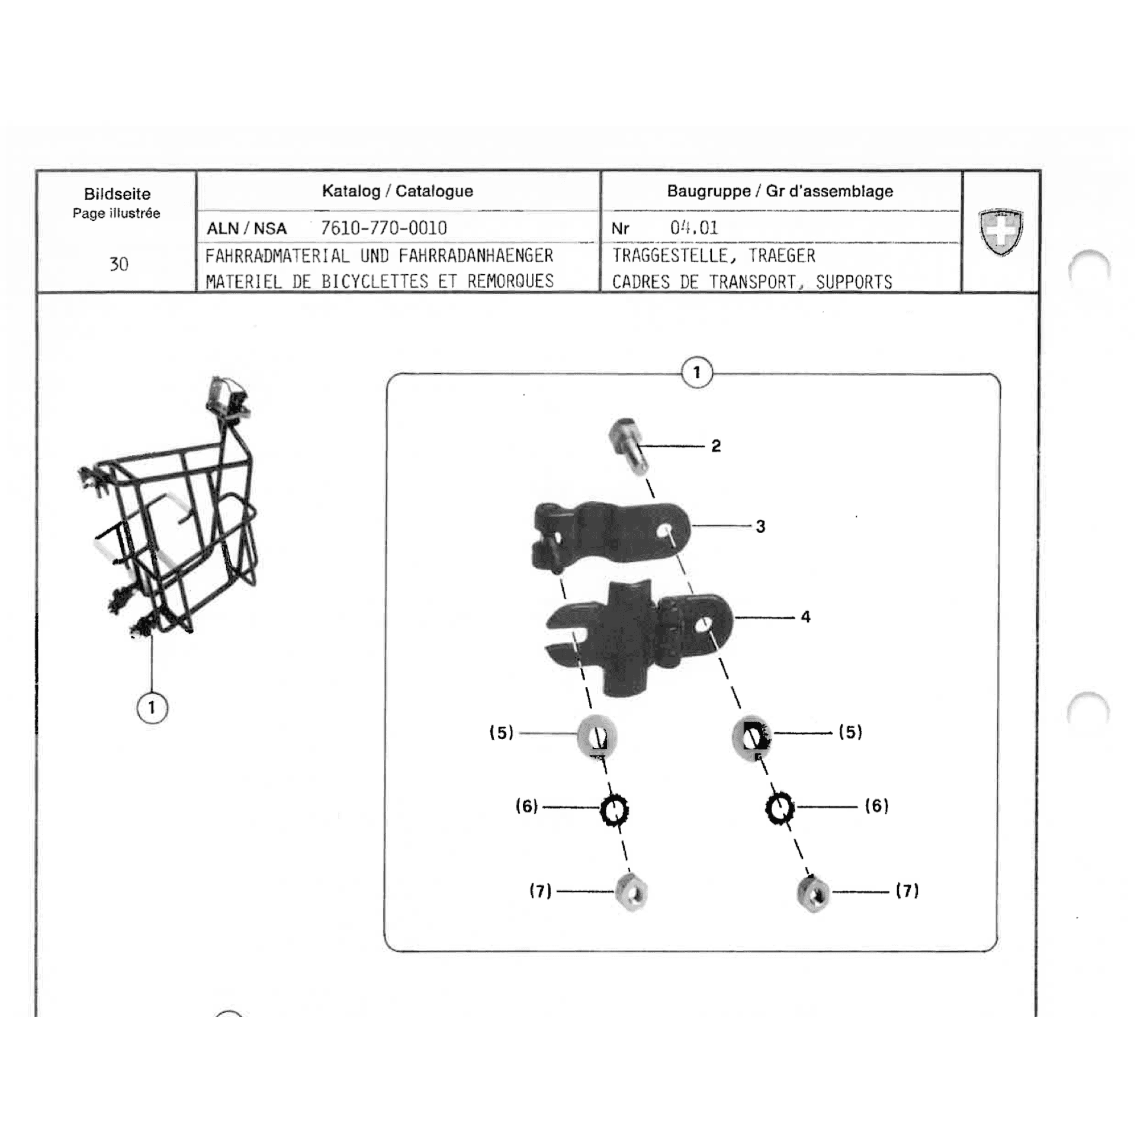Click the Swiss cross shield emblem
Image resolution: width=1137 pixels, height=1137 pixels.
coord(1000,232)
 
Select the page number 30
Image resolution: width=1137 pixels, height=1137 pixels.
coord(119,264)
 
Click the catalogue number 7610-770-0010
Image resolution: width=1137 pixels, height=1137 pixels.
coord(384,228)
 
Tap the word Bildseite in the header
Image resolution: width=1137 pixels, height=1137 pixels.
coord(117,194)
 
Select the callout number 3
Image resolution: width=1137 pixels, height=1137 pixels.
coord(760,526)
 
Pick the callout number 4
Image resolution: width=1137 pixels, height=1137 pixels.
coord(805,616)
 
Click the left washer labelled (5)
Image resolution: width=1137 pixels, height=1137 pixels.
coord(598,737)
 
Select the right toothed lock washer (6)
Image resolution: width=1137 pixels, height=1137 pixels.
coord(780,808)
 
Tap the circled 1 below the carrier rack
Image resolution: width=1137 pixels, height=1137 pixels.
coord(152,708)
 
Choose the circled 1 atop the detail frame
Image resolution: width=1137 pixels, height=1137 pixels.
coord(697,372)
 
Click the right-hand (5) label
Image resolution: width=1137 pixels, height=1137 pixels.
coord(850,732)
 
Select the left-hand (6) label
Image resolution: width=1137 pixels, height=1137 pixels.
coord(526,806)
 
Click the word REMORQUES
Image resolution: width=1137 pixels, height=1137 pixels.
coord(510,281)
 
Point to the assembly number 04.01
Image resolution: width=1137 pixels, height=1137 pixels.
coord(694,228)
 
